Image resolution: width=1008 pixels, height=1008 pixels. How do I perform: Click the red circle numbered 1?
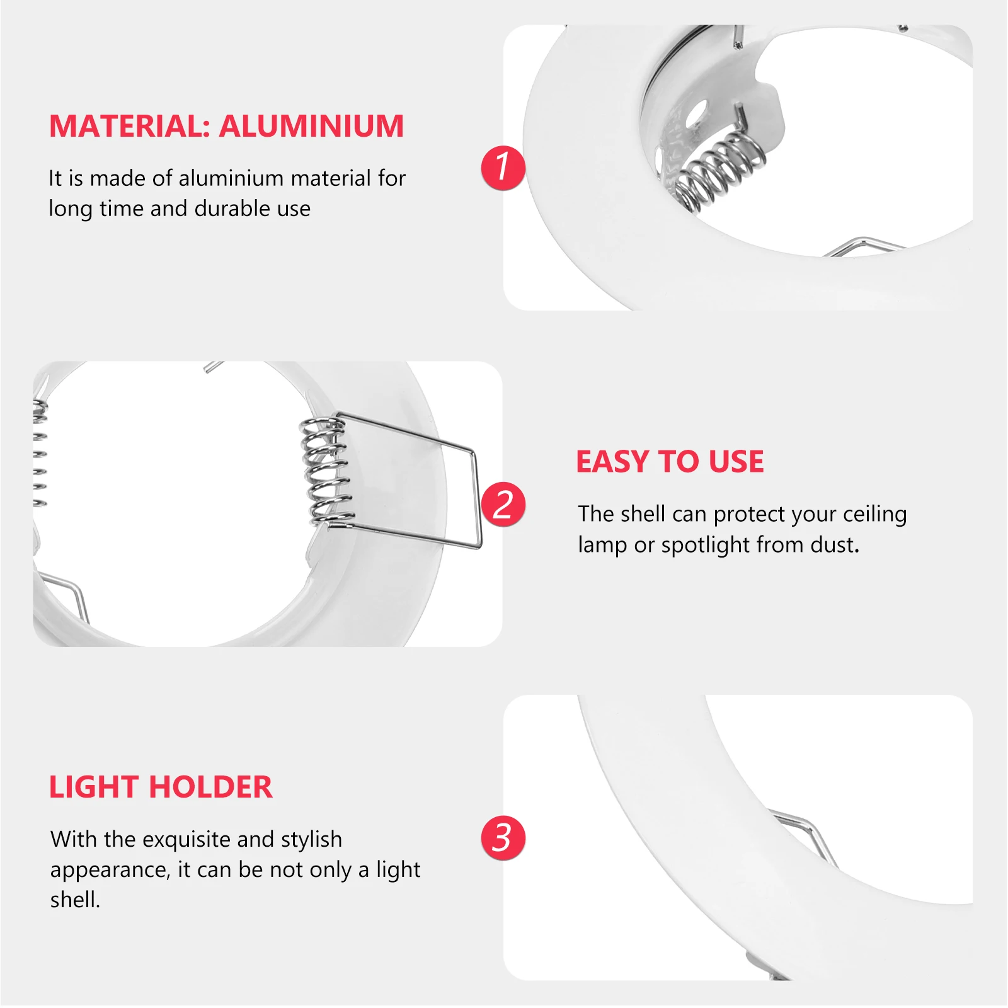click(503, 168)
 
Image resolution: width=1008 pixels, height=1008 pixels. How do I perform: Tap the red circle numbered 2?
click(503, 504)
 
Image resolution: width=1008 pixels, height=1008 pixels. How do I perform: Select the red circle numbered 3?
click(503, 838)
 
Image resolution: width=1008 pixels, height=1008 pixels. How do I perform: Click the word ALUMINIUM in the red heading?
click(311, 126)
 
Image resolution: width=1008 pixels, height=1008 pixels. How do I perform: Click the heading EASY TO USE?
click(670, 462)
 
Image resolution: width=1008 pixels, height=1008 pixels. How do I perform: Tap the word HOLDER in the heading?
click(211, 787)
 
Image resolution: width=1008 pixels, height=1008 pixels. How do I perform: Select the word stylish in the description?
click(311, 840)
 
